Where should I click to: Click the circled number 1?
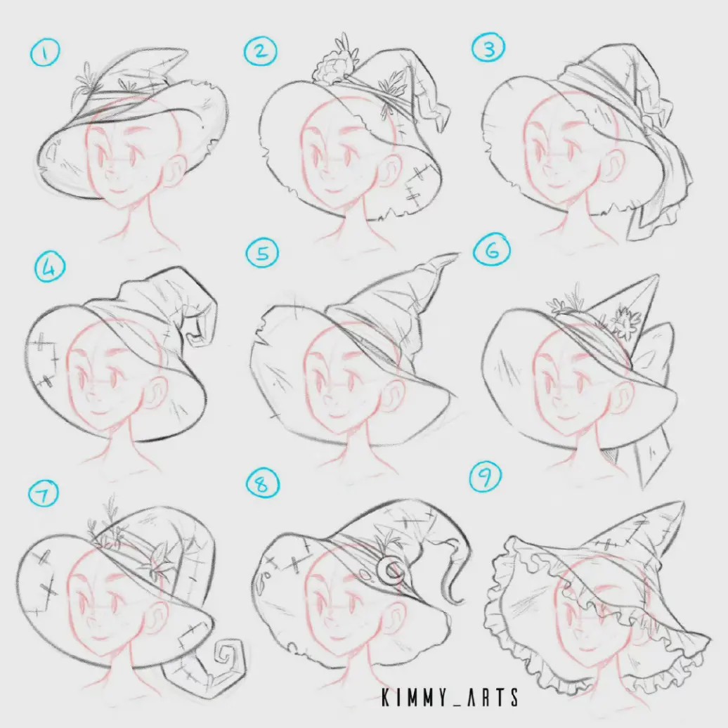pos(44,53)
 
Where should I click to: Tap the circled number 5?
pos(262,254)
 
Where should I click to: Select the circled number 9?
pos(485,477)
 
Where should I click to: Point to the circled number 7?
pos(44,493)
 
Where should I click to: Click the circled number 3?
pos(488,48)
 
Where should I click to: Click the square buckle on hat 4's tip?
pos(196,330)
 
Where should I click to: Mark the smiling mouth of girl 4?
pos(98,412)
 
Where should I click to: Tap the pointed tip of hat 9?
pos(681,505)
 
